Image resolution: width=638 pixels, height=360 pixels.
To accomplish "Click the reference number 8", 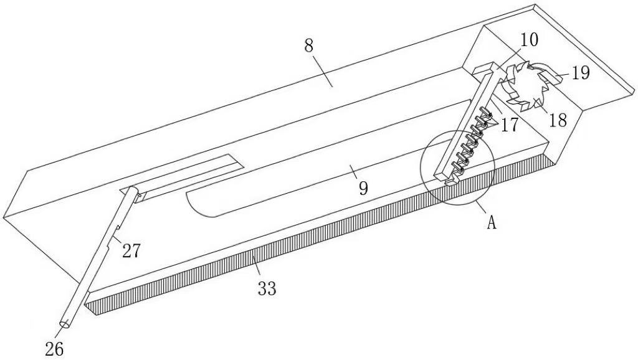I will point(308,46).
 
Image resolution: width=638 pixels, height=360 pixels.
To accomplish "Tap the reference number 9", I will point(363,187).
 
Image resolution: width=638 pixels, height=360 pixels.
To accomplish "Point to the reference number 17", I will point(508,125).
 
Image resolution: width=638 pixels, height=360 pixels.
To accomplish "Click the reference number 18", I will point(558,120).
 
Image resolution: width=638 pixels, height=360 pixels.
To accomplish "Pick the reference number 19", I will point(580,73).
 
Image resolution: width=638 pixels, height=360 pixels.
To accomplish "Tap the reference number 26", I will point(54,349).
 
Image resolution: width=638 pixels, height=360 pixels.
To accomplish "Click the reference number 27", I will point(131,250).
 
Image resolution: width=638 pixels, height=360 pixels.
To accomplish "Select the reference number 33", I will point(267,288).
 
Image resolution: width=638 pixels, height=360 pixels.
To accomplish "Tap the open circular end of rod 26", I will point(65,324).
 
